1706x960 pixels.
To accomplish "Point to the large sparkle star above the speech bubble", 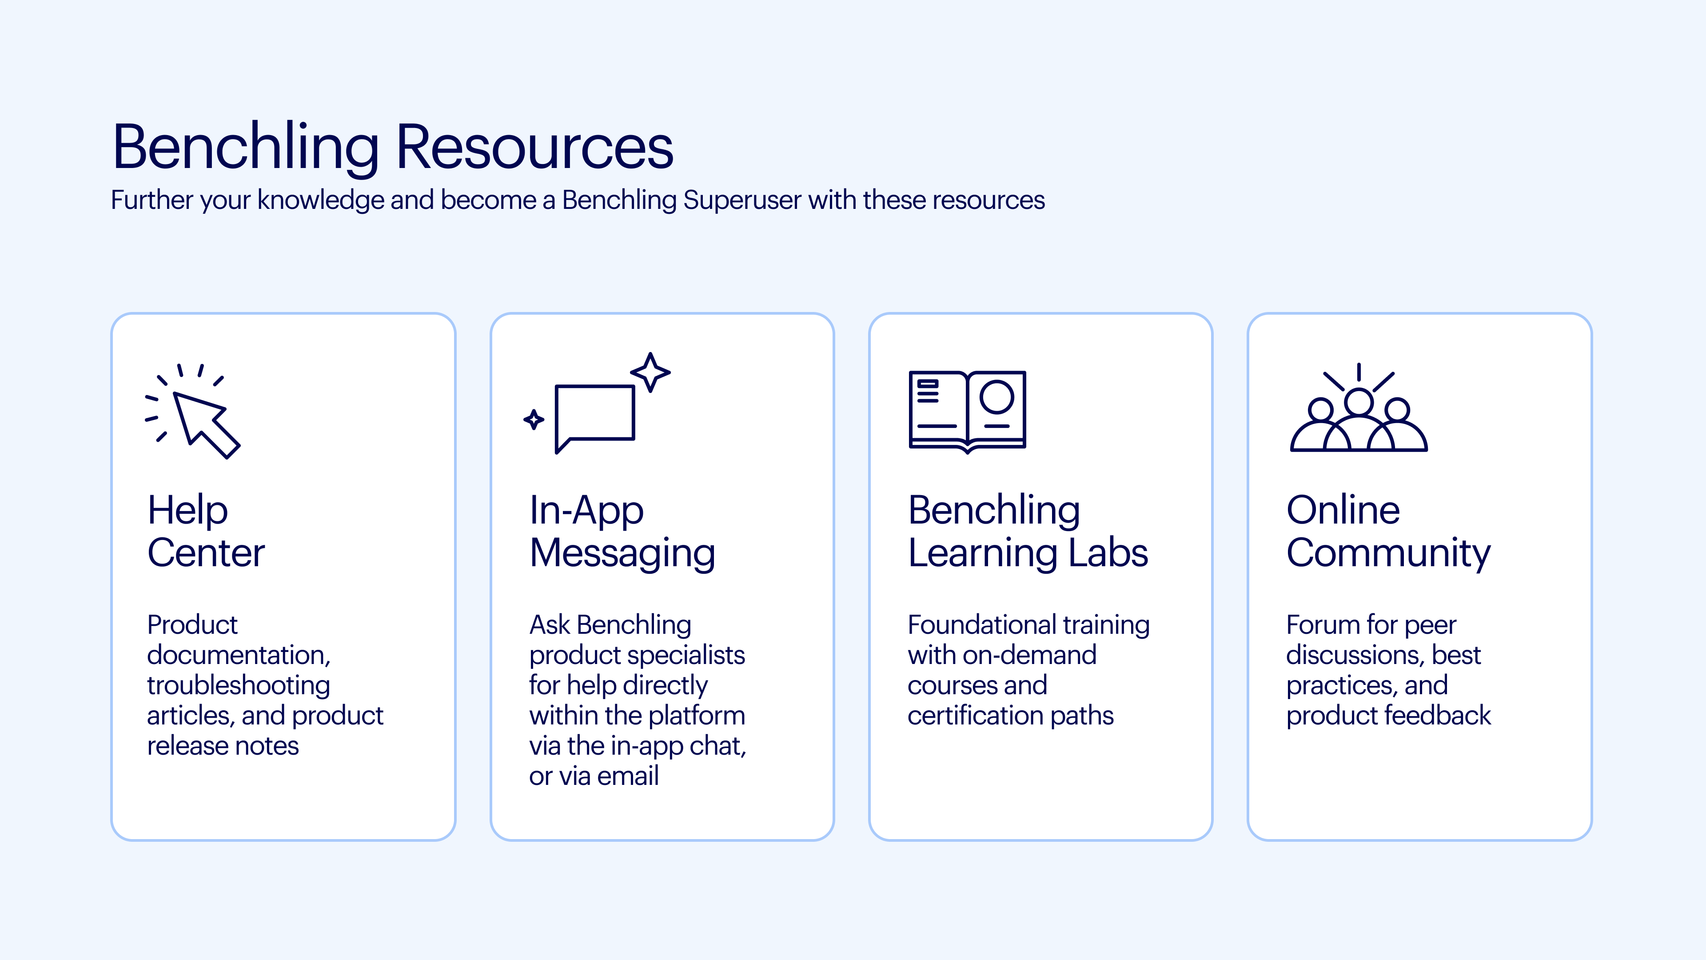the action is point(650,372).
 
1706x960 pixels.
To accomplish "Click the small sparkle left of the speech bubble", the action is point(534,420).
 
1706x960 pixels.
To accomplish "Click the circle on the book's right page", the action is point(996,397).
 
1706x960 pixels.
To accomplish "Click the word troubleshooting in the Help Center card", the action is point(239,685).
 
